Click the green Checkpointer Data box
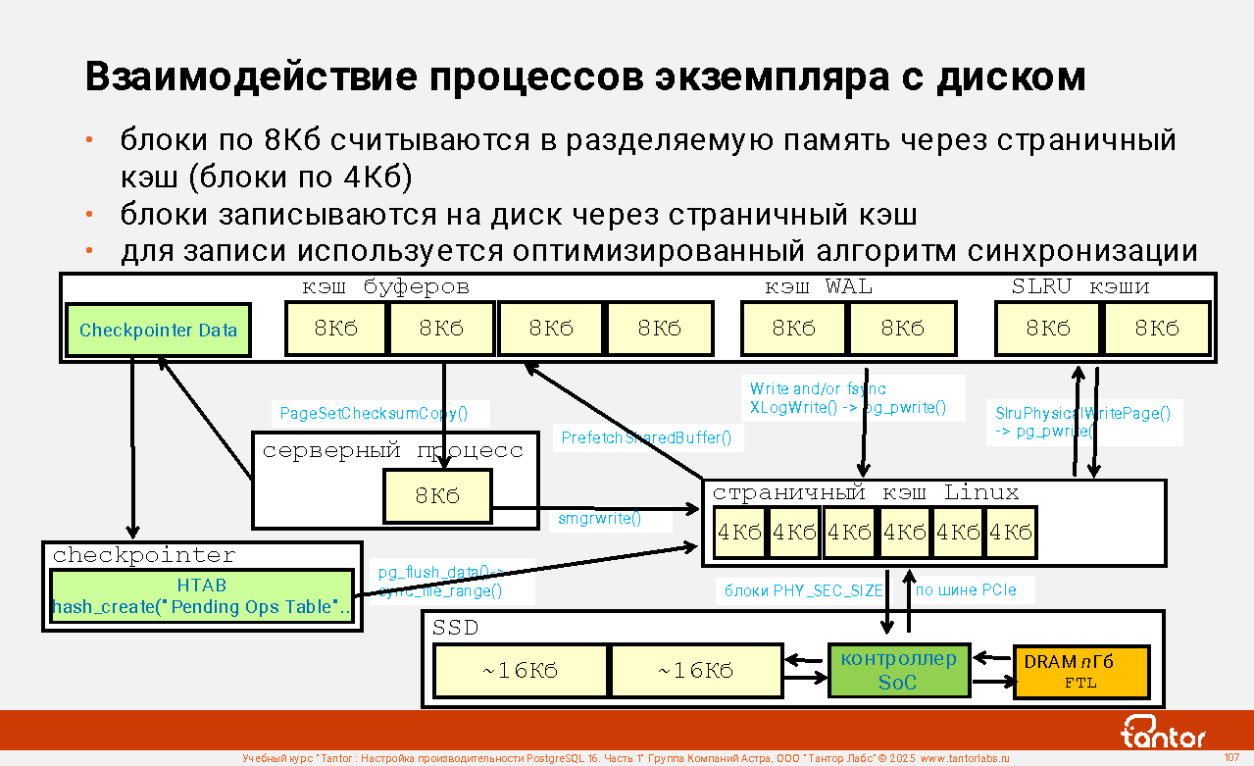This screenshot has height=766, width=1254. pyautogui.click(x=158, y=330)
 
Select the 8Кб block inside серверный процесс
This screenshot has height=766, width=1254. pyautogui.click(x=437, y=496)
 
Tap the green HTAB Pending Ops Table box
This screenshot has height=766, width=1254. pyautogui.click(x=201, y=596)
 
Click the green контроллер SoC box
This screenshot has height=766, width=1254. pyautogui.click(x=898, y=670)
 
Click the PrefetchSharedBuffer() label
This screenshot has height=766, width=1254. pyautogui.click(x=646, y=438)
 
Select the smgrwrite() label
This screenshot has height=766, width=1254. pyautogui.click(x=599, y=518)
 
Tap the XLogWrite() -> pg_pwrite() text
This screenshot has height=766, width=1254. pyautogui.click(x=847, y=407)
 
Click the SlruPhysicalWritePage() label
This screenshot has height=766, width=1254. pyautogui.click(x=1082, y=413)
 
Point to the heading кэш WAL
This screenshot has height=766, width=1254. pyautogui.click(x=819, y=287)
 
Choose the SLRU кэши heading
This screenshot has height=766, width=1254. pyautogui.click(x=1080, y=287)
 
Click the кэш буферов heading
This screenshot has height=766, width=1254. pyautogui.click(x=385, y=287)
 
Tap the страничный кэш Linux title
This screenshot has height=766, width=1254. pyautogui.click(x=866, y=493)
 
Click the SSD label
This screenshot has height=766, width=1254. pyautogui.click(x=455, y=628)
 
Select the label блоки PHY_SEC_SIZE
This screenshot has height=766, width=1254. pyautogui.click(x=803, y=590)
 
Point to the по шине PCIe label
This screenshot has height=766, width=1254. pyautogui.click(x=966, y=590)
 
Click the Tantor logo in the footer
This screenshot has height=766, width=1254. pyautogui.click(x=1163, y=732)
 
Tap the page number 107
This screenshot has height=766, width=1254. pyautogui.click(x=1232, y=757)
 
